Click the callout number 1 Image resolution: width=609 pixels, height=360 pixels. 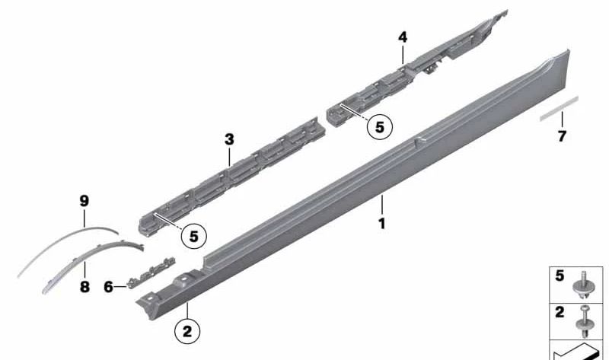[381, 224]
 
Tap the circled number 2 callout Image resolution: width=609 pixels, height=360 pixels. [188, 331]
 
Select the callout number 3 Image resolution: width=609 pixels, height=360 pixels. [229, 139]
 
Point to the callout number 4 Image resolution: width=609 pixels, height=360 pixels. [403, 36]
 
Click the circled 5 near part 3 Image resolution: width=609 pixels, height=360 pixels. [193, 236]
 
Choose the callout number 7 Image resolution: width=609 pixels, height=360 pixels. [562, 136]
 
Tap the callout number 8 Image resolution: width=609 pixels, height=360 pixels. [84, 287]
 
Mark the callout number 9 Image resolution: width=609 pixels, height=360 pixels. [84, 201]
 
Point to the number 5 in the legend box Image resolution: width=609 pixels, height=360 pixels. [560, 276]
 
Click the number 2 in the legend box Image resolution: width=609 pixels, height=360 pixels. [560, 311]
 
